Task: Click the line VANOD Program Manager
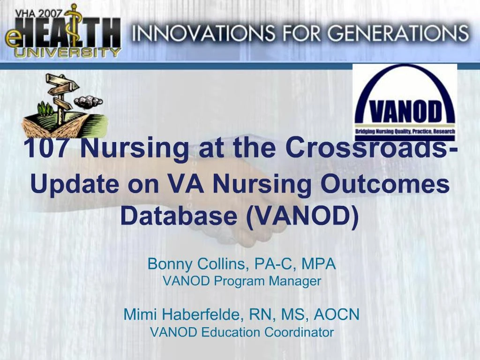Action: click(x=241, y=281)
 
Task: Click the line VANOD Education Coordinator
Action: click(x=241, y=332)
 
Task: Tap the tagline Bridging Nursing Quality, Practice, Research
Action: click(x=405, y=132)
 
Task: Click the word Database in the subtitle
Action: click(x=179, y=215)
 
